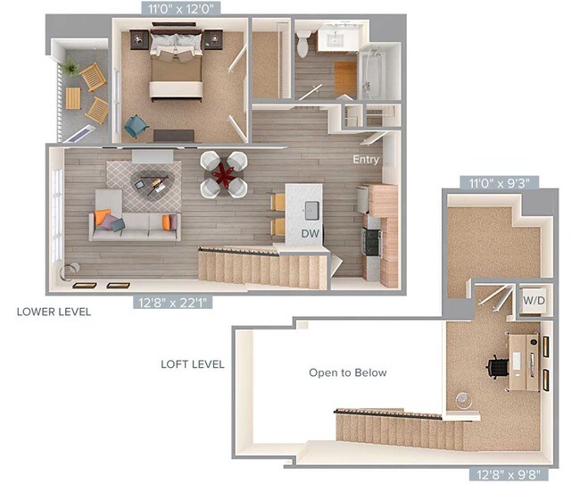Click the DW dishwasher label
[x=311, y=234]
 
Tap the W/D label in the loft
[x=534, y=300]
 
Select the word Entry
[x=366, y=160]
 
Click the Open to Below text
[x=348, y=372]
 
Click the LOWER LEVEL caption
[x=54, y=313]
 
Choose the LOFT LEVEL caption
[x=192, y=364]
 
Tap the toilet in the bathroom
[x=303, y=41]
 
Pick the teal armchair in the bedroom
[x=135, y=126]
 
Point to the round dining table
[x=223, y=173]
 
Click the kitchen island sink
[x=311, y=210]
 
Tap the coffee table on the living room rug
[x=148, y=183]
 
